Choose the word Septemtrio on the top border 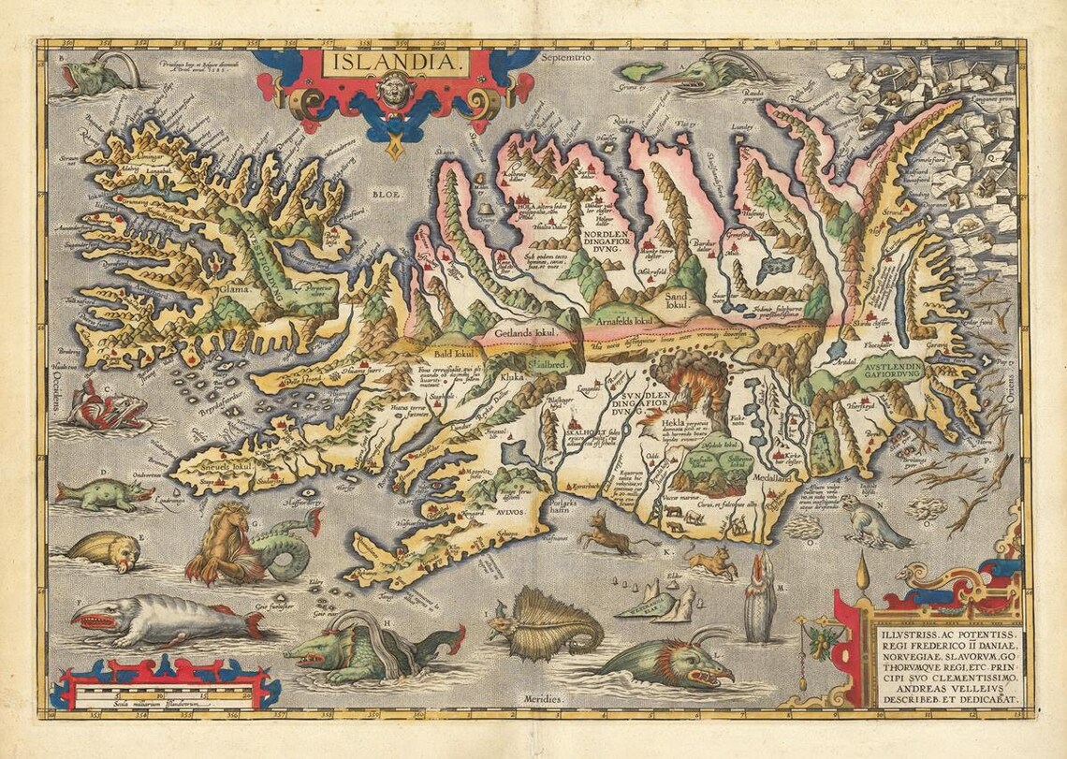point(567,58)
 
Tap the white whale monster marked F point(159,618)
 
